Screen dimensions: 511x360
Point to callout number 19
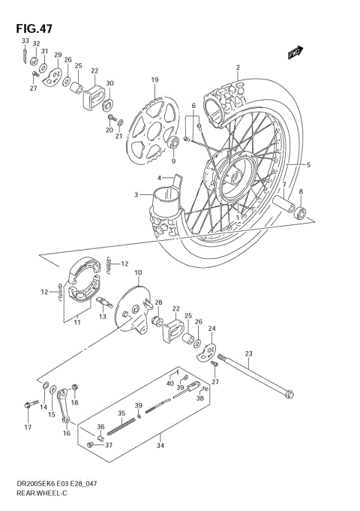[x=154, y=80]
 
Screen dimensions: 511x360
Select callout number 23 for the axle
[x=249, y=354]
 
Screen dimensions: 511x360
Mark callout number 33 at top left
[x=25, y=41]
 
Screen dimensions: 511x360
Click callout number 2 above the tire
[x=238, y=68]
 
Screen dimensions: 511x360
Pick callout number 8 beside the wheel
[x=301, y=193]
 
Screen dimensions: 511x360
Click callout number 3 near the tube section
[x=136, y=194]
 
